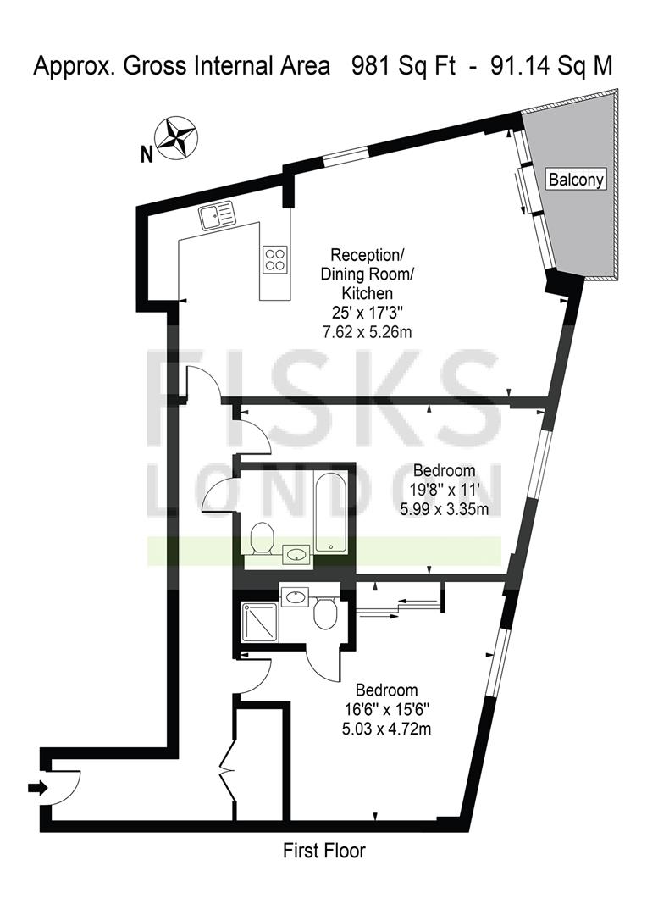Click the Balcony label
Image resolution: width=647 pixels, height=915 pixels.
(x=576, y=179)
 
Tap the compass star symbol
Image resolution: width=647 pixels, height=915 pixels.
(x=177, y=139)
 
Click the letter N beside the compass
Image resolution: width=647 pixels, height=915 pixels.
(x=147, y=155)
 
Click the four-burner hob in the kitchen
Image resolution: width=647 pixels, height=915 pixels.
(x=274, y=259)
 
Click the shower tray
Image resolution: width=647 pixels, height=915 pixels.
(x=260, y=622)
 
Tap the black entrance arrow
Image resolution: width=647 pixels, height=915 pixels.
(x=37, y=788)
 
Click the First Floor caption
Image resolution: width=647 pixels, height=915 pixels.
(x=324, y=851)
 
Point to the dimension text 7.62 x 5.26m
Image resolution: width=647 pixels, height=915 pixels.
(x=368, y=332)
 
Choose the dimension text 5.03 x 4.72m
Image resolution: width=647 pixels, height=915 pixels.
(x=387, y=729)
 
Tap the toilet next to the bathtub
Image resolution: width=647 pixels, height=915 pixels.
(x=262, y=537)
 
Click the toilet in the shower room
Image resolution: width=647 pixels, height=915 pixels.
(x=323, y=613)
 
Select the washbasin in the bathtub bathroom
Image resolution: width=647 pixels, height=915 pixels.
(x=297, y=554)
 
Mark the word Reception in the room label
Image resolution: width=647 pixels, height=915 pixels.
(x=366, y=255)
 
